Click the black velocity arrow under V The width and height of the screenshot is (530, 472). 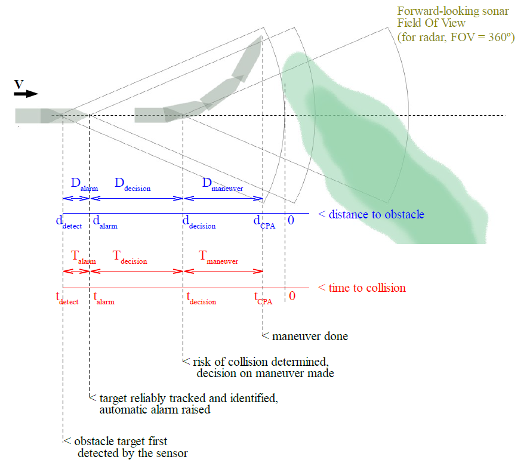click(x=26, y=94)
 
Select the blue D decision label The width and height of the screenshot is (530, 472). click(x=132, y=184)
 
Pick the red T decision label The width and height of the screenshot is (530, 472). click(x=130, y=257)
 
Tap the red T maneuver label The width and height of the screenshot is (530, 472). click(x=218, y=257)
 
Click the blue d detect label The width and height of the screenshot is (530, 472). click(x=66, y=222)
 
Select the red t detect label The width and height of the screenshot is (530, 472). click(x=66, y=297)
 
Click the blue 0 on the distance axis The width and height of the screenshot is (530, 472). click(x=291, y=220)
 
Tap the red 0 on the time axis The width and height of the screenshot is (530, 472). click(x=292, y=295)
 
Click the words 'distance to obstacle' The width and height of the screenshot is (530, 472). click(x=376, y=214)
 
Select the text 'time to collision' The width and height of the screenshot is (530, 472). click(x=366, y=288)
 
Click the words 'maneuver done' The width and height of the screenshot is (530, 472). click(x=310, y=337)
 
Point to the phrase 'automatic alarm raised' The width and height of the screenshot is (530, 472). click(x=155, y=410)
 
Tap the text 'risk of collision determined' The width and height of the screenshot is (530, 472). click(x=260, y=362)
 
